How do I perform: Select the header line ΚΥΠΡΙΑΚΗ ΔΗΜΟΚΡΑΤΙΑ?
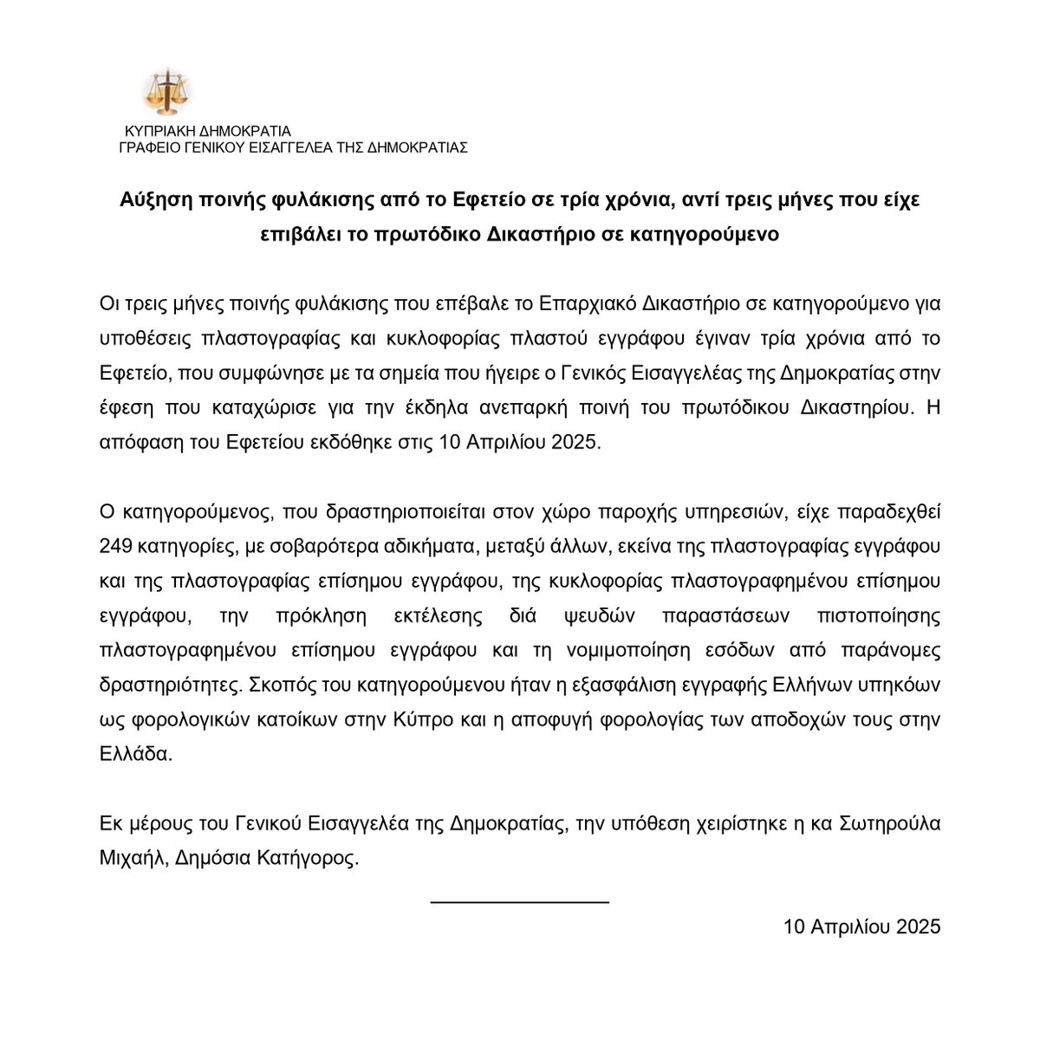207,132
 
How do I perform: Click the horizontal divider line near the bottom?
520,902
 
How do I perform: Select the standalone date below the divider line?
861,926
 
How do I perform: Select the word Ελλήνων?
829,685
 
